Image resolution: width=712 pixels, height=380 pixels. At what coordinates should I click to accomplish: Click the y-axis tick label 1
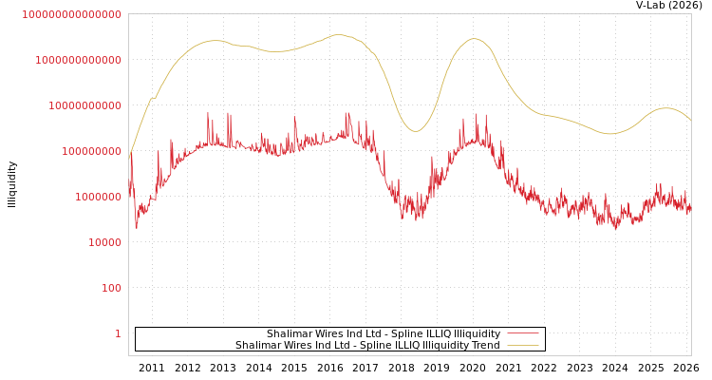[118, 333]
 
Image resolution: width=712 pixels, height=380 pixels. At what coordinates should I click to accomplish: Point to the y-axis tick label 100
[111, 288]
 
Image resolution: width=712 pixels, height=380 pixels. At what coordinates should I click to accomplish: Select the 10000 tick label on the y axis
[104, 242]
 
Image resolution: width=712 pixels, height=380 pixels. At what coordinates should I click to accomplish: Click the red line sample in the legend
[522, 333]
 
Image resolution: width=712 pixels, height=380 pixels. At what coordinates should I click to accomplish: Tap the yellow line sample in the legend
[522, 345]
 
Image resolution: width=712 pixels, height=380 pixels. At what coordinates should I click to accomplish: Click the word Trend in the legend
[485, 345]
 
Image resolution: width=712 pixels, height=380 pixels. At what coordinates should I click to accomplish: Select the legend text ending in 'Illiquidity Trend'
[367, 345]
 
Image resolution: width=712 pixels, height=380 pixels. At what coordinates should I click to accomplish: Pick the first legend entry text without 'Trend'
[383, 333]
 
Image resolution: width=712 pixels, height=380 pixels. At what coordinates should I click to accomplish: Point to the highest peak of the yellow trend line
[339, 35]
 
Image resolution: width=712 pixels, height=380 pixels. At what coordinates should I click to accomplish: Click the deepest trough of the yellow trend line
[415, 131]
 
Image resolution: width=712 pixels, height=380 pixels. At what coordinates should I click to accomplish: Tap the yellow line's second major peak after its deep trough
[475, 39]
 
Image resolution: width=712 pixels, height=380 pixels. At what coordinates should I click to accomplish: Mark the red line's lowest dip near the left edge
[136, 228]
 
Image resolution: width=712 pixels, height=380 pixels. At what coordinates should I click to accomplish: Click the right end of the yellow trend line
[691, 121]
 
